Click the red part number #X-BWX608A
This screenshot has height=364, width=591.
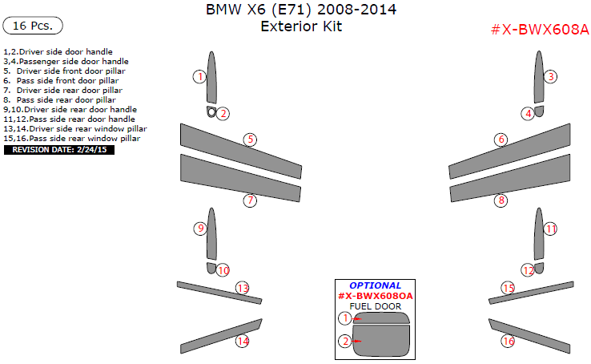pyautogui.click(x=539, y=30)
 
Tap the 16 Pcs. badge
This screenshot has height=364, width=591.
pyautogui.click(x=34, y=26)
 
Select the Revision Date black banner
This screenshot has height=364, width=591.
pyautogui.click(x=59, y=149)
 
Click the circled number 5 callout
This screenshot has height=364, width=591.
pyautogui.click(x=250, y=140)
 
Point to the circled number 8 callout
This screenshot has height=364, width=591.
pyautogui.click(x=501, y=200)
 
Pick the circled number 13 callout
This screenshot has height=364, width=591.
pyautogui.click(x=242, y=288)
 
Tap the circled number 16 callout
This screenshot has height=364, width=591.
pyautogui.click(x=507, y=341)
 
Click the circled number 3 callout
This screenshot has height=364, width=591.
pyautogui.click(x=550, y=77)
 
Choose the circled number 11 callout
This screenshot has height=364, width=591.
pyautogui.click(x=550, y=229)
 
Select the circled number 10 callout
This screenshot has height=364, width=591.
pyautogui.click(x=223, y=270)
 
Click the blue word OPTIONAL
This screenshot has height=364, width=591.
pyautogui.click(x=375, y=285)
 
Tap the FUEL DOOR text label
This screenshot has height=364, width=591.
pyautogui.click(x=375, y=306)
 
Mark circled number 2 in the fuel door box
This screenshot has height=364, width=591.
pyautogui.click(x=344, y=342)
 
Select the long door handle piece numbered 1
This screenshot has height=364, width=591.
pyautogui.click(x=211, y=76)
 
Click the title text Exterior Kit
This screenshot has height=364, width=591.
pyautogui.click(x=300, y=26)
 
